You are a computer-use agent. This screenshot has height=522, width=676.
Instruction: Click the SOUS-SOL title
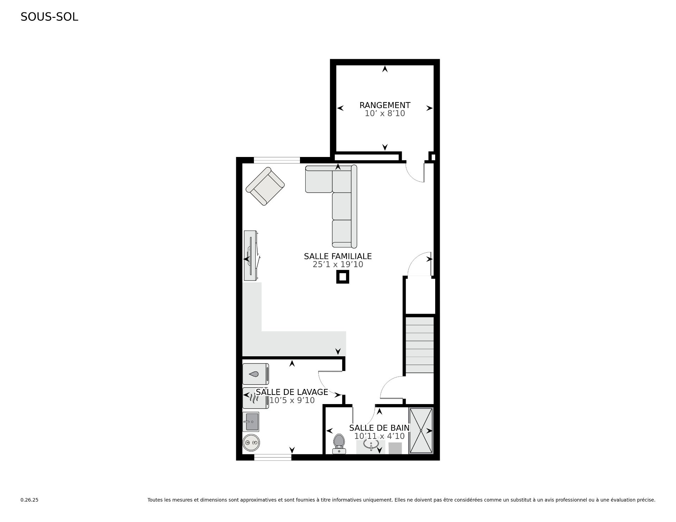tap(49, 17)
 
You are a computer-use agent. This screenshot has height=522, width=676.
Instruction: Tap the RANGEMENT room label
tap(385, 105)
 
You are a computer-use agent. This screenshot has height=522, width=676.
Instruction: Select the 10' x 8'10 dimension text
tap(385, 113)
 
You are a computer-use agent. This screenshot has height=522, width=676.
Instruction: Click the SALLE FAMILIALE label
tap(338, 256)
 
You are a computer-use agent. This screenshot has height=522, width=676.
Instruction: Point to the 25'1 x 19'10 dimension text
tap(338, 264)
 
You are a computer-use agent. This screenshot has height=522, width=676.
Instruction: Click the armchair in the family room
tap(265, 186)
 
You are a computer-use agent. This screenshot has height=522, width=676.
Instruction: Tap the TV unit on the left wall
tap(252, 256)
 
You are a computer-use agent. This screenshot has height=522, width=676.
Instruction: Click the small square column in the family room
tap(343, 277)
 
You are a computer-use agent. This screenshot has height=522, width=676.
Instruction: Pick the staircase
tap(420, 345)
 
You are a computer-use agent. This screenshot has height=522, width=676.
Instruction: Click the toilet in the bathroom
tap(339, 444)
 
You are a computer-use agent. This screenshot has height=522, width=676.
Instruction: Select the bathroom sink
tap(371, 445)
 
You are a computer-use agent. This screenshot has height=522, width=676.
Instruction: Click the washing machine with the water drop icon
tap(256, 374)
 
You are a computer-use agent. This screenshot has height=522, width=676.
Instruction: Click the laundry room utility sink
tap(251, 422)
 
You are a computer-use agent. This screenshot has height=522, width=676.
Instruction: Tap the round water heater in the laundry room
tap(251, 442)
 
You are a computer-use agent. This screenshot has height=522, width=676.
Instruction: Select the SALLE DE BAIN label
tap(379, 428)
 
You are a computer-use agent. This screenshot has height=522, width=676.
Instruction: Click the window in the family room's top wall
tap(277, 160)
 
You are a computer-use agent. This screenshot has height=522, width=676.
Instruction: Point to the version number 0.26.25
tap(30, 500)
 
